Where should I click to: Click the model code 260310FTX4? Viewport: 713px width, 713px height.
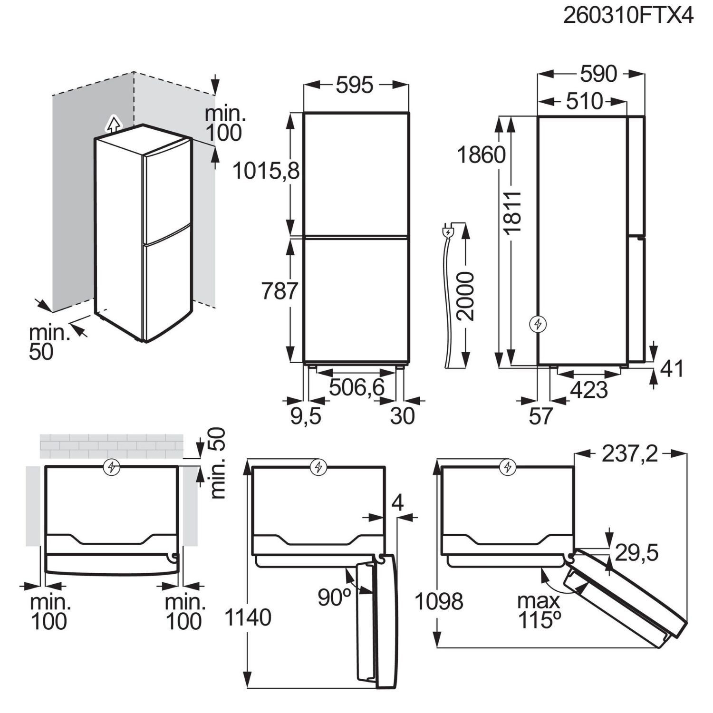click(628, 16)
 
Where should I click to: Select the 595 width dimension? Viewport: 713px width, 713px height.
click(356, 86)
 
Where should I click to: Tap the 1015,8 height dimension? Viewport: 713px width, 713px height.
click(266, 171)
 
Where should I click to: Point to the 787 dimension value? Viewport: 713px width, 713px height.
click(280, 291)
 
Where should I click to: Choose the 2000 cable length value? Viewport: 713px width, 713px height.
click(464, 297)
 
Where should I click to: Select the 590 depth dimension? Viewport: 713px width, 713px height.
click(598, 74)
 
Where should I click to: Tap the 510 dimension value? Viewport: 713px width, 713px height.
click(584, 101)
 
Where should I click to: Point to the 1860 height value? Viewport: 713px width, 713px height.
click(482, 155)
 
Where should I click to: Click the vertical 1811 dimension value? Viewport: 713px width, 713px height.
click(513, 212)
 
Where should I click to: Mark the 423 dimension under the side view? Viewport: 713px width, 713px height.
click(589, 390)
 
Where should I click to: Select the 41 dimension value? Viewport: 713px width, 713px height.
click(672, 369)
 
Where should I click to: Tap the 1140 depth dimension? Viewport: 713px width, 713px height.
click(248, 617)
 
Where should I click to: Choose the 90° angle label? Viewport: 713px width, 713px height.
click(334, 597)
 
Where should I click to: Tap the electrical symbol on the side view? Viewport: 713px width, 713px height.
click(538, 324)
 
